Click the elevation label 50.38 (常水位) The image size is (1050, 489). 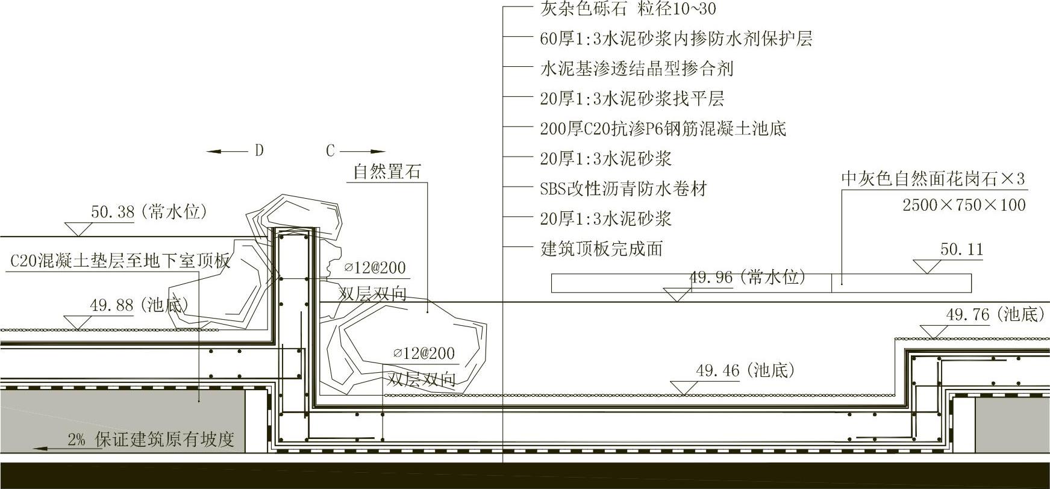(149, 212)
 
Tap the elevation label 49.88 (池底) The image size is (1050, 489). (139, 305)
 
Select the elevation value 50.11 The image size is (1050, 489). (961, 249)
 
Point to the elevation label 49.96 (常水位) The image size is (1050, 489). (747, 278)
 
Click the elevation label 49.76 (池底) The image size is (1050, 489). (995, 315)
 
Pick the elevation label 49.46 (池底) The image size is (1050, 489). (745, 370)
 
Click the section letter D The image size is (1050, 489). (259, 151)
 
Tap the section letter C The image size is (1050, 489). (330, 151)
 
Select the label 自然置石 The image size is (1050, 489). (387, 172)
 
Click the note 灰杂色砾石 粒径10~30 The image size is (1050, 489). (628, 9)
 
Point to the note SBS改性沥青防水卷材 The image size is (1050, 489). (623, 189)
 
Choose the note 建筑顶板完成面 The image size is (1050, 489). (601, 249)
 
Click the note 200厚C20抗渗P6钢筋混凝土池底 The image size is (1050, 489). (663, 129)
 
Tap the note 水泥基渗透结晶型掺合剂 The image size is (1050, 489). (636, 69)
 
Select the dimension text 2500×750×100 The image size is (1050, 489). (964, 205)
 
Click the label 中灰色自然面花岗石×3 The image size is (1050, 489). (933, 179)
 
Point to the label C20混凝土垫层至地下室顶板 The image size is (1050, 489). (120, 261)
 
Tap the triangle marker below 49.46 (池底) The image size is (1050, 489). (684, 388)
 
